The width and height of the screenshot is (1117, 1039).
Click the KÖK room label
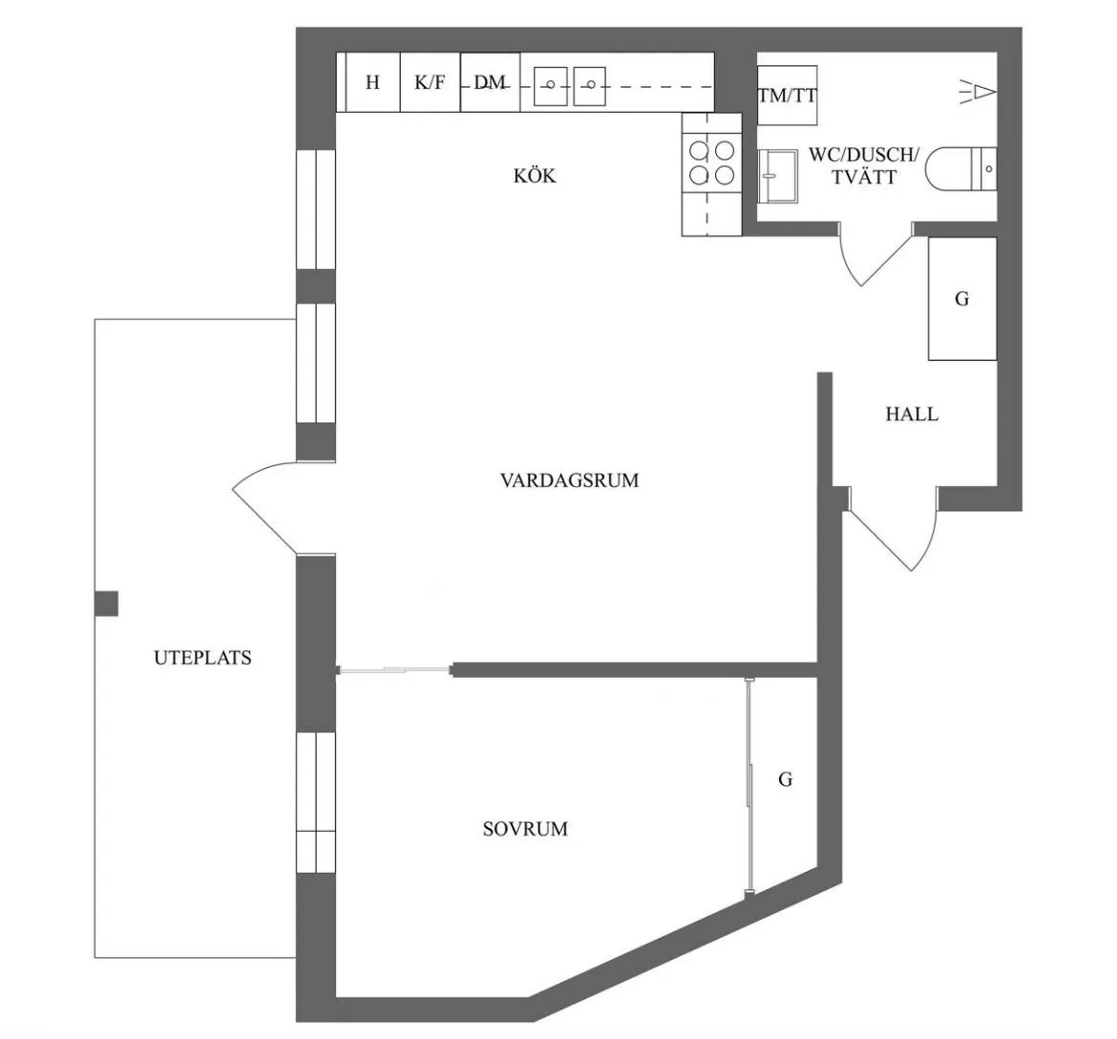point(535,175)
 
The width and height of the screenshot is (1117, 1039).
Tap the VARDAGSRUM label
point(569,480)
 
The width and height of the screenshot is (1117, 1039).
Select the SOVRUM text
point(525,829)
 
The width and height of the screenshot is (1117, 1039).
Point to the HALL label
point(912,414)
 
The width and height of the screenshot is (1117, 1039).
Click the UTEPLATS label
point(203,657)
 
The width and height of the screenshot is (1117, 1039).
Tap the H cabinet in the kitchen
point(372,82)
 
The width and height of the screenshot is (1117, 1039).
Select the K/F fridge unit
point(431,82)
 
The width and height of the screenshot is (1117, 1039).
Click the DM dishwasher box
point(490,82)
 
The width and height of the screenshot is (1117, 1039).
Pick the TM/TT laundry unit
point(787,95)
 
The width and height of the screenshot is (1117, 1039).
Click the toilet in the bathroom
point(960,170)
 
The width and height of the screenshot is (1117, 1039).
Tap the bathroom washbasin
point(777,176)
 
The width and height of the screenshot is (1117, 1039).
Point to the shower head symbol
point(978,93)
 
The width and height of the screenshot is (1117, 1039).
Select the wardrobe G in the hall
point(961,299)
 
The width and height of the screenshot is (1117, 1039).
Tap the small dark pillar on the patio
point(106,604)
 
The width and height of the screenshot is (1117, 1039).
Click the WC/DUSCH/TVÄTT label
point(864,165)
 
